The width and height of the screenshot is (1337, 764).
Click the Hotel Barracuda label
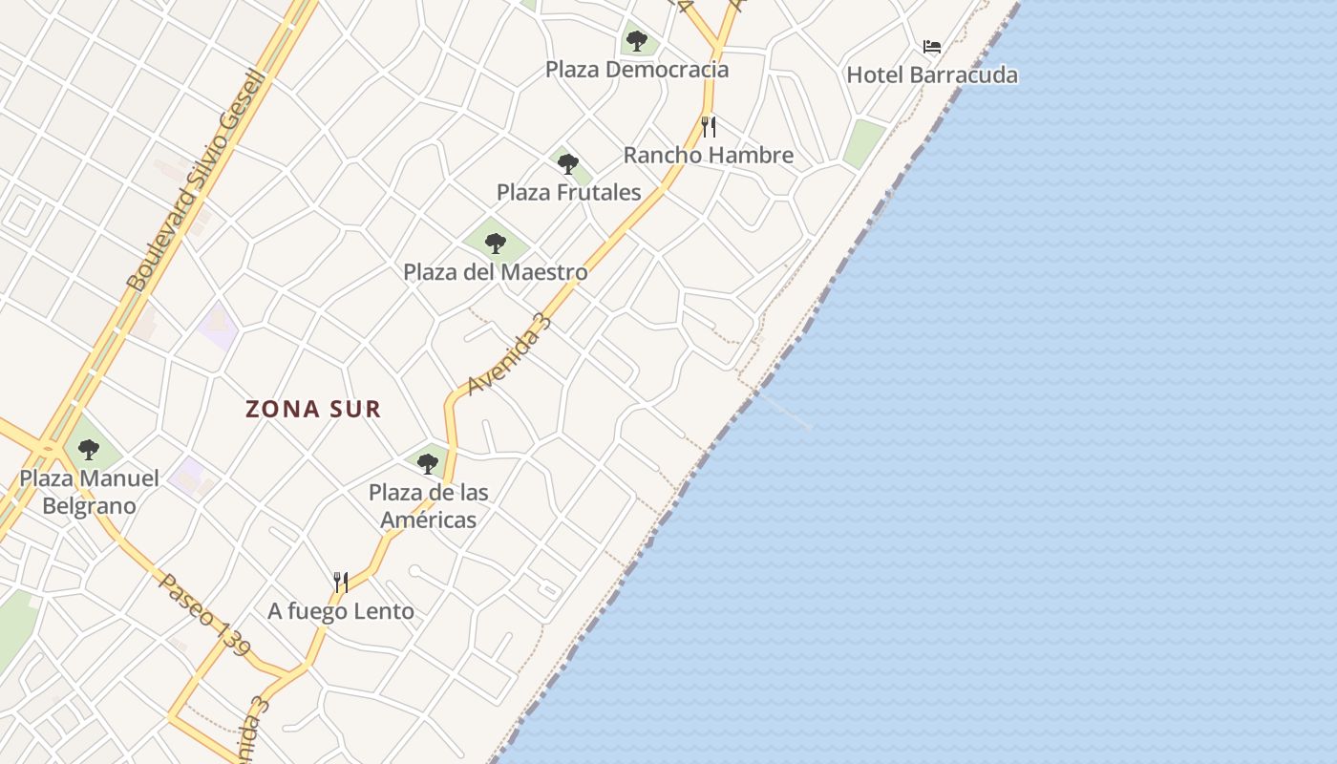pos(932,74)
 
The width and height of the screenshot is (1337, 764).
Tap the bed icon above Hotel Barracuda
pos(932,46)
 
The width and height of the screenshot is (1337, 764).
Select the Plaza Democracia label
pos(637,69)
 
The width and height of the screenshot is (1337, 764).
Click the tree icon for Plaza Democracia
pos(637,41)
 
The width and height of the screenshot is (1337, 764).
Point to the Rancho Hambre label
pos(709,155)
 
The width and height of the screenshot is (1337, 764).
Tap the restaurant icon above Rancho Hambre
pos(709,126)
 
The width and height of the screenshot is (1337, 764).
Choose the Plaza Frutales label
pos(568,192)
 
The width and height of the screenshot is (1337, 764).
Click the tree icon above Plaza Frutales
pos(568,164)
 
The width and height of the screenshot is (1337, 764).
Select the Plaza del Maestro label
pos(495,271)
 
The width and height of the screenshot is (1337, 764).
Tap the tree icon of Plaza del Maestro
pos(495,243)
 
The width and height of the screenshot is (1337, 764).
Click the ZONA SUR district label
pos(313,409)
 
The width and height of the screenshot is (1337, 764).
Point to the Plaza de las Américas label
pos(428,506)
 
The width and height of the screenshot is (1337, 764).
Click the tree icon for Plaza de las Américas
pos(428,464)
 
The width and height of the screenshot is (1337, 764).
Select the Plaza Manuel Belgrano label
pos(89,492)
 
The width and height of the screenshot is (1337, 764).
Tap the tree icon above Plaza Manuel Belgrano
pos(89,449)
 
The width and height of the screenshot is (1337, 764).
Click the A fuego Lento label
pos(341,611)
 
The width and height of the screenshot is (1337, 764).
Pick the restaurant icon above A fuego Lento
pos(341,582)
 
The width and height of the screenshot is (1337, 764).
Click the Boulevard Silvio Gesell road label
pos(196,181)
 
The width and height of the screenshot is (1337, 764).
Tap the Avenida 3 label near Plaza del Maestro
pos(510,352)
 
